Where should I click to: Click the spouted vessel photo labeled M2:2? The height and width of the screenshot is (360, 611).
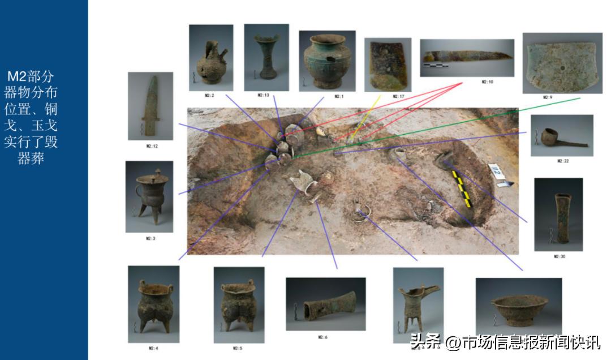tap(210, 58)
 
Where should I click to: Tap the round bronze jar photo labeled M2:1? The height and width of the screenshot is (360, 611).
tap(327, 61)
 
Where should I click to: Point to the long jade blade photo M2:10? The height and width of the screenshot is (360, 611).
tap(467, 58)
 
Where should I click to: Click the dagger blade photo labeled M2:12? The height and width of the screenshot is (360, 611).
tap(150, 106)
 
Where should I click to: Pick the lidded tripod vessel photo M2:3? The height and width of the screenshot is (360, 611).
tap(149, 196)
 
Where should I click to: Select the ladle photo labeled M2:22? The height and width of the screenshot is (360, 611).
tap(561, 136)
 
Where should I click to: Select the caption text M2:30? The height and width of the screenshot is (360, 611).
tap(559, 256)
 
